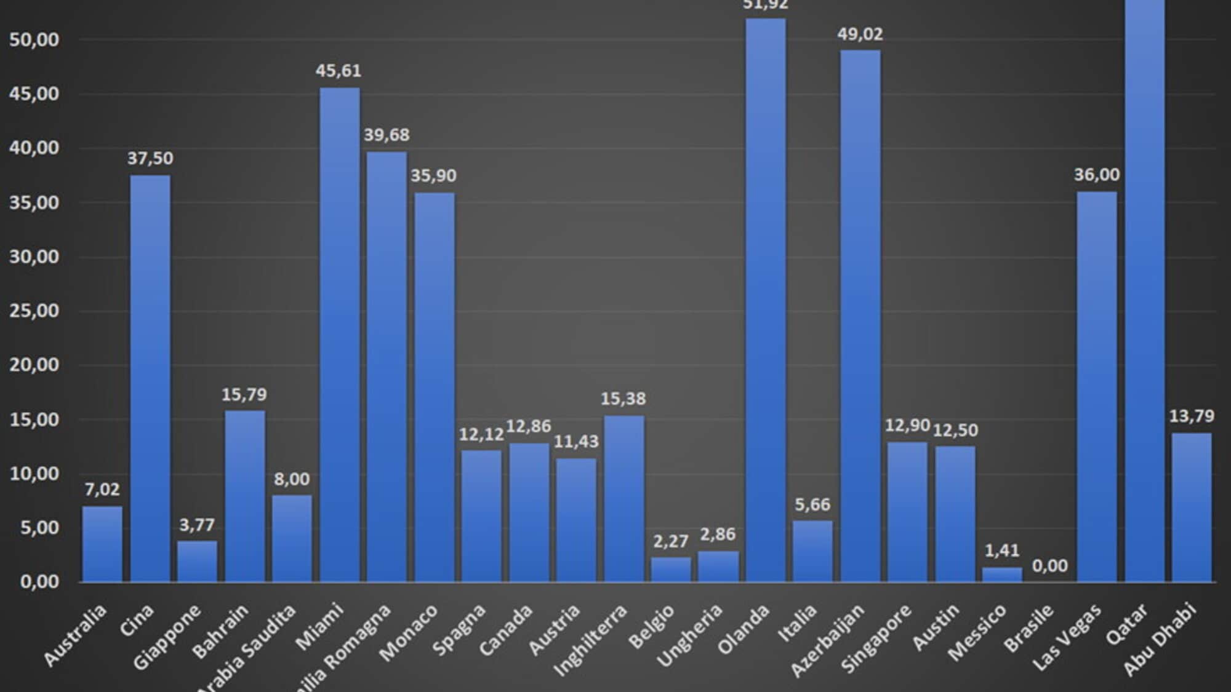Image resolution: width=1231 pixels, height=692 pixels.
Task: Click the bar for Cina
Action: (x=150, y=378)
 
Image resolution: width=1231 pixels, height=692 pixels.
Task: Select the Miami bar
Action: (x=339, y=335)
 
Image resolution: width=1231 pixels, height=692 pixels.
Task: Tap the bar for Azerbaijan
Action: (x=860, y=317)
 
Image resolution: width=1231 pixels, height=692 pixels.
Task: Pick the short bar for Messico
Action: (x=1002, y=575)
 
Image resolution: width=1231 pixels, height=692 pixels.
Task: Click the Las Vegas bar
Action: (x=1097, y=388)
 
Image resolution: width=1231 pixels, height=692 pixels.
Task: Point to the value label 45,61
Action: (x=339, y=71)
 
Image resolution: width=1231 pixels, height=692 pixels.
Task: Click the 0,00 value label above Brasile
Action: (x=1049, y=566)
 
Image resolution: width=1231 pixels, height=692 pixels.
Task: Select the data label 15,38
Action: (x=624, y=399)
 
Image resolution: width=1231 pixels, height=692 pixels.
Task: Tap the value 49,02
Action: (x=860, y=34)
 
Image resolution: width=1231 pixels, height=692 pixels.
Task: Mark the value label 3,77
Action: (x=197, y=525)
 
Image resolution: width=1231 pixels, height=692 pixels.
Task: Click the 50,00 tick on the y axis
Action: (x=34, y=40)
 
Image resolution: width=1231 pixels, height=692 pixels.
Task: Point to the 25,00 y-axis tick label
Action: (x=34, y=311)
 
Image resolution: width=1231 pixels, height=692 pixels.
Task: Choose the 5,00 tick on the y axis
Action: (x=39, y=528)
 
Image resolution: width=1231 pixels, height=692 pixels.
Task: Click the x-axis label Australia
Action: (x=76, y=635)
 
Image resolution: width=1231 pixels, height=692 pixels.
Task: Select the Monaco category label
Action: (x=409, y=632)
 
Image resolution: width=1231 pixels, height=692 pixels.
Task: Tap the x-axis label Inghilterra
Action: (x=591, y=640)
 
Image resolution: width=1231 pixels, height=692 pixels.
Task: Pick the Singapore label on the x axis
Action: (x=876, y=638)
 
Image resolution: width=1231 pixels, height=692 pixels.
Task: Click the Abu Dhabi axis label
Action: (x=1161, y=640)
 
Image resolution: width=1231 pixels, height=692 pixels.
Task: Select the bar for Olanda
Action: (x=766, y=301)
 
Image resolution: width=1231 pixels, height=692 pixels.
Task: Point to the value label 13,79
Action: (x=1192, y=416)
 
